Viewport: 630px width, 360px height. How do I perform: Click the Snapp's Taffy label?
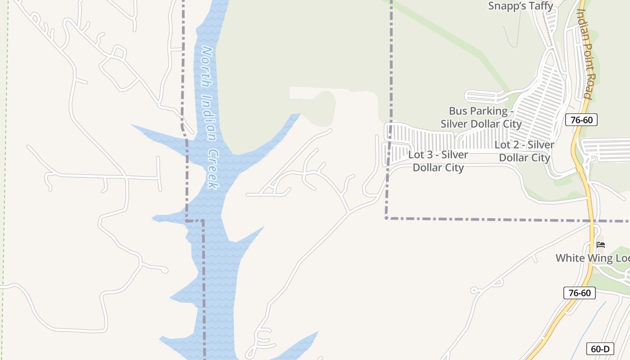point(521,6)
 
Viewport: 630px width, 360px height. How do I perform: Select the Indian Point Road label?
point(584,54)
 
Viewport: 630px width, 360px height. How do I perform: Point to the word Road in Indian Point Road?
point(586,88)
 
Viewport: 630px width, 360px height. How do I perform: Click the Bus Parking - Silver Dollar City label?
point(481,117)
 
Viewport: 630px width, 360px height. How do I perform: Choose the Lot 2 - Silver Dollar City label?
point(525,151)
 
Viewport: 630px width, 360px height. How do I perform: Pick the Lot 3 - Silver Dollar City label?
point(438,161)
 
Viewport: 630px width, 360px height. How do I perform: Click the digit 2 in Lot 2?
point(519,145)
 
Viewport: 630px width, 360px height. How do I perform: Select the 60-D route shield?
point(600,349)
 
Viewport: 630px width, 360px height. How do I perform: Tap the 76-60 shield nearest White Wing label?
point(579,293)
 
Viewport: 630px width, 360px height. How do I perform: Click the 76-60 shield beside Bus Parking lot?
point(581,120)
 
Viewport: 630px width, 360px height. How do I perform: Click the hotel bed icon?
point(601,245)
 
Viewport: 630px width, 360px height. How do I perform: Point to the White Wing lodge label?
point(592,258)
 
